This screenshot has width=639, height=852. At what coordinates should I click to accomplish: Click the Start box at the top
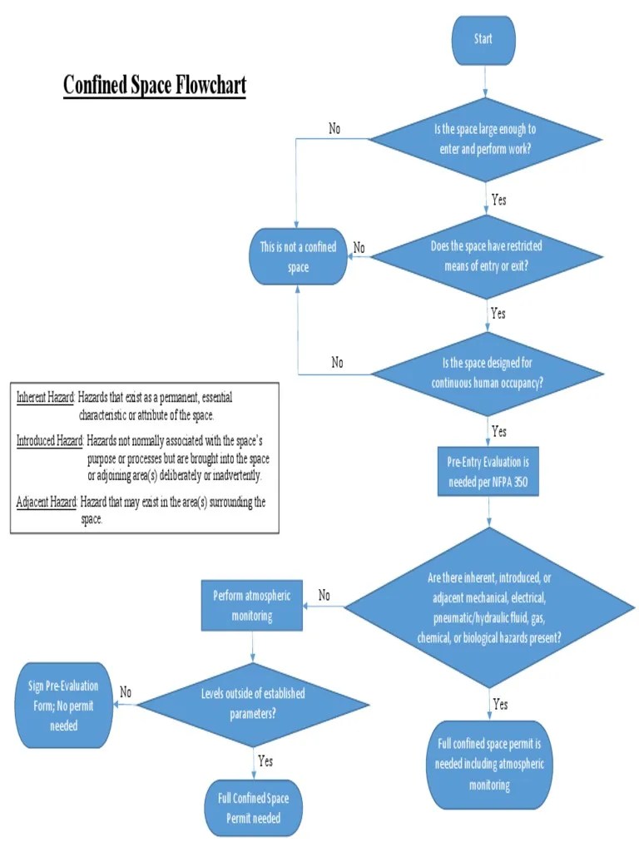(x=483, y=39)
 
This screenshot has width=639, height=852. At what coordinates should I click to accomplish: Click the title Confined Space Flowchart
(x=155, y=85)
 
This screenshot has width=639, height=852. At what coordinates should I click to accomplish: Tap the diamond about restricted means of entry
(x=487, y=256)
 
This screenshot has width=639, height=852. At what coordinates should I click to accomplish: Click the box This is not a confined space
(x=298, y=256)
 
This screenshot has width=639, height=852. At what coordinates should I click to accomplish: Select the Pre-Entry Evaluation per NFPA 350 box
(x=488, y=472)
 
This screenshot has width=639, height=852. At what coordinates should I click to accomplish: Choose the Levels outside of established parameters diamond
(x=253, y=703)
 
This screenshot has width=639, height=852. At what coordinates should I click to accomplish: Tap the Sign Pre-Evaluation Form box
(x=64, y=706)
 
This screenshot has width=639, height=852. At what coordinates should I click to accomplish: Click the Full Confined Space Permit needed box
(x=254, y=808)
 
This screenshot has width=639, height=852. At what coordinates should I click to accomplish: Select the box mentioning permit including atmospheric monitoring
(x=489, y=764)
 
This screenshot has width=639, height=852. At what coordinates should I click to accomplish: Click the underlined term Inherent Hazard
(x=46, y=398)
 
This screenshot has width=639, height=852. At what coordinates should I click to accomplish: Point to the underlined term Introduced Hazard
(x=49, y=438)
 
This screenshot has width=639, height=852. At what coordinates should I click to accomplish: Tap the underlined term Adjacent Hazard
(x=47, y=501)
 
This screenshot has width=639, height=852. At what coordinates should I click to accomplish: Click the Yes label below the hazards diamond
(x=500, y=704)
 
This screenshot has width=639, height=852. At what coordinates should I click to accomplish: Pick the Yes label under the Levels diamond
(x=265, y=760)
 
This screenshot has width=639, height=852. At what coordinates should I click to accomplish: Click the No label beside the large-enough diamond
(x=334, y=129)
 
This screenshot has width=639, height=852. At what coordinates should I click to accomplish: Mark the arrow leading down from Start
(x=486, y=82)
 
